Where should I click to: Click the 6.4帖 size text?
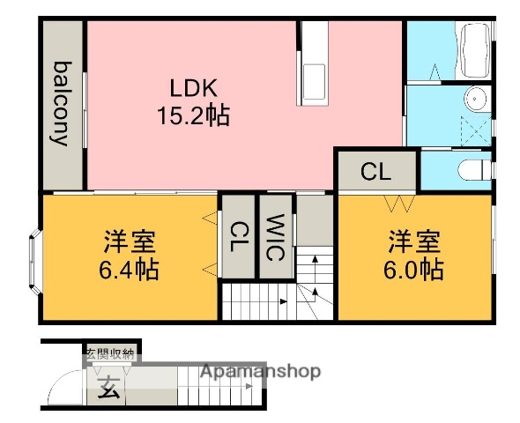coord(129,269)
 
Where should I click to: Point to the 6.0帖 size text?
coord(413,269)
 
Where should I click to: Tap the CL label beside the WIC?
coord(237,237)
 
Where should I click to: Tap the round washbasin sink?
coord(475,99)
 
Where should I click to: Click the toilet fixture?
coord(472,169)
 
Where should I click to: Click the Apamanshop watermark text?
coord(260,371)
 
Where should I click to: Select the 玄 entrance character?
coord(107,384)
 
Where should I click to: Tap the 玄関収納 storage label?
coord(109,354)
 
